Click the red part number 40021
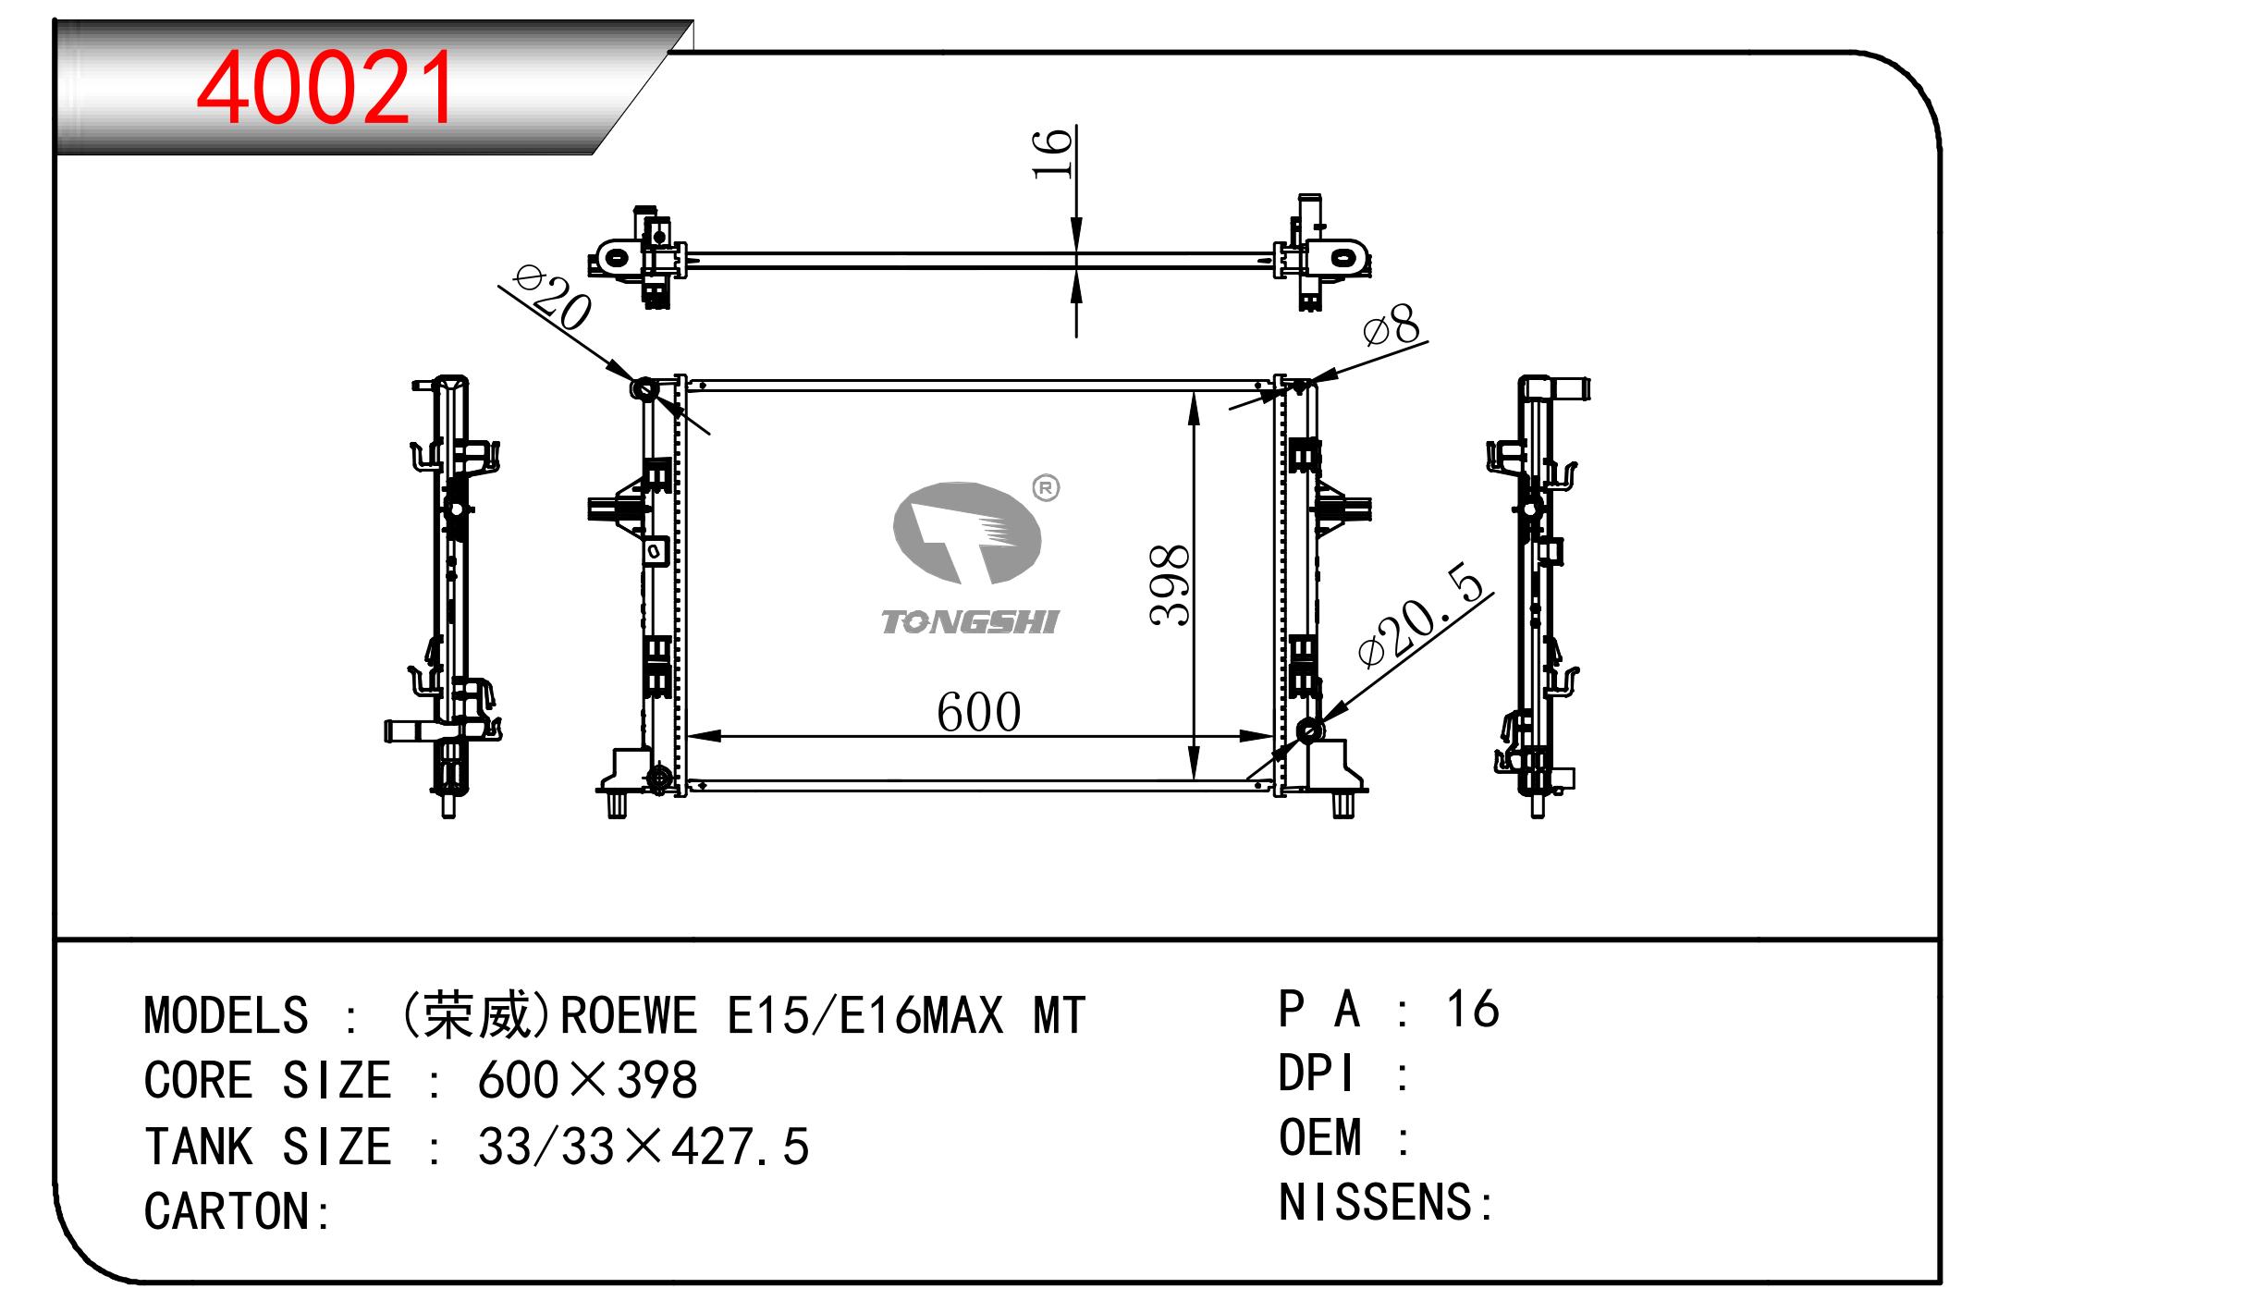(x=325, y=88)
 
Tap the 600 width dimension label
(x=978, y=712)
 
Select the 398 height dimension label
(x=1171, y=585)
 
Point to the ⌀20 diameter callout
(x=553, y=298)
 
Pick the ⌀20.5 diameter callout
(x=1421, y=614)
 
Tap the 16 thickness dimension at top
(x=1052, y=153)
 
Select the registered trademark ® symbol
(x=1046, y=488)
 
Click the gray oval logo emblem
(x=967, y=533)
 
